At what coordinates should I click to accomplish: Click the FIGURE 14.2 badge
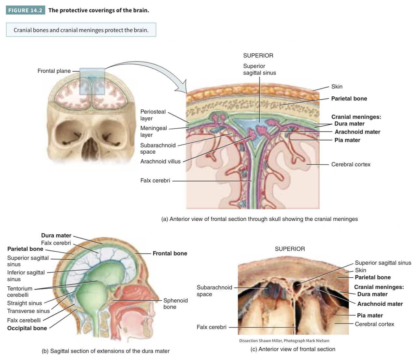tap(25, 10)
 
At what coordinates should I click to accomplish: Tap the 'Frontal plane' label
tap(54, 71)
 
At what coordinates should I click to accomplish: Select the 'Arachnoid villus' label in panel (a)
tap(160, 161)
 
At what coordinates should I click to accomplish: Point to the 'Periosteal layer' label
tap(153, 115)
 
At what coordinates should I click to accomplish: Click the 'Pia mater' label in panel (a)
tap(347, 140)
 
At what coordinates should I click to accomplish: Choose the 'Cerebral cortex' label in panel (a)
tap(351, 164)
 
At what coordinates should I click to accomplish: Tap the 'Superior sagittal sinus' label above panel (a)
tap(259, 69)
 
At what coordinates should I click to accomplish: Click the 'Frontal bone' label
tap(170, 253)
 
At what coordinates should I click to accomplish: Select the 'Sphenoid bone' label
tap(175, 304)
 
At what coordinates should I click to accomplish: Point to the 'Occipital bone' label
tap(27, 328)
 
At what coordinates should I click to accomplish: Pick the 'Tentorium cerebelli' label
tap(20, 292)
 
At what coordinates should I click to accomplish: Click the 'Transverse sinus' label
tap(28, 311)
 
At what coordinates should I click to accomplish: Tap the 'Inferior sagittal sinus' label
tap(26, 276)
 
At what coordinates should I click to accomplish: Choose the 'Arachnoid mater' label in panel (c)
tap(380, 304)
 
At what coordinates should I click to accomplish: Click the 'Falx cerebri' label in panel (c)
tap(211, 327)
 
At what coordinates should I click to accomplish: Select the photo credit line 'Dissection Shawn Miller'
tap(284, 341)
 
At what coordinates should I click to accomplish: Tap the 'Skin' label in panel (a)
tap(337, 87)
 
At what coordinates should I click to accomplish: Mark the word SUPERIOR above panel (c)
tap(290, 249)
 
